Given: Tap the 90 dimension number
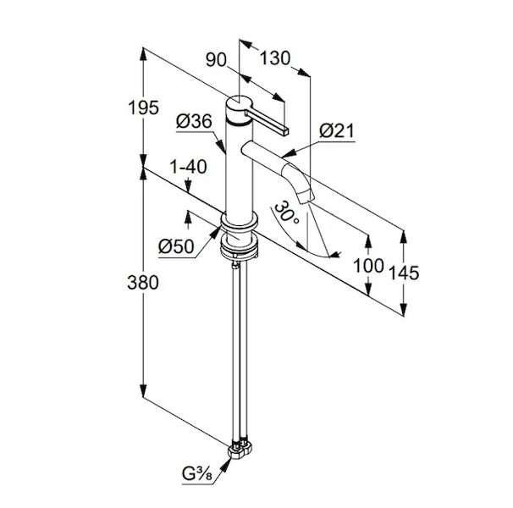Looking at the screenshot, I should click(x=218, y=59).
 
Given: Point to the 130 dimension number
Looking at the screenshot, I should click(x=275, y=59).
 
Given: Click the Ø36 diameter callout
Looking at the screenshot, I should click(x=195, y=123).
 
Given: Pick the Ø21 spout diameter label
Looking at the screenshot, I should click(x=337, y=130).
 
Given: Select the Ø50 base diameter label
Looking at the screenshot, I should click(x=176, y=246).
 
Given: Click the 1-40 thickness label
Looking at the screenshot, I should click(x=188, y=168).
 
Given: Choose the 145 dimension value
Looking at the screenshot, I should click(x=405, y=273).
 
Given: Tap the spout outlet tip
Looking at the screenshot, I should click(x=308, y=197).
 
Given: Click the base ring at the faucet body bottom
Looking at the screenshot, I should click(x=239, y=225).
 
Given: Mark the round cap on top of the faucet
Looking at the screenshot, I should click(x=237, y=108).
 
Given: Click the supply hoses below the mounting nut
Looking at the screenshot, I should click(x=237, y=347).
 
